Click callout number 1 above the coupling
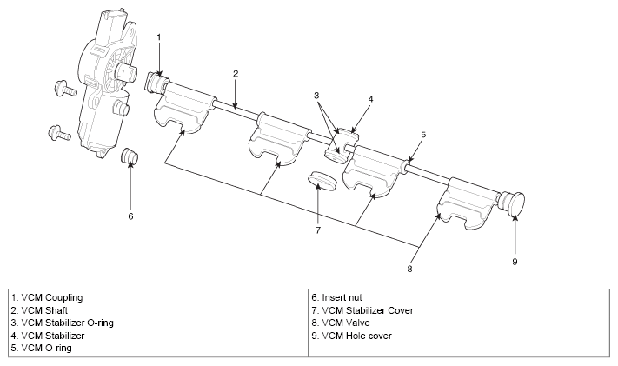159,37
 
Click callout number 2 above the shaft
235,75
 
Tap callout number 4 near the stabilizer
369,99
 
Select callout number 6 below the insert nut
130,216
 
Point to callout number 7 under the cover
318,230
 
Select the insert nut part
131,157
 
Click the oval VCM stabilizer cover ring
322,180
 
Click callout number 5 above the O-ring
423,135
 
